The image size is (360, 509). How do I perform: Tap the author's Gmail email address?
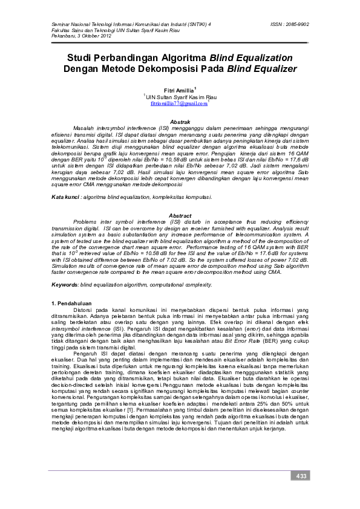pos(178,104)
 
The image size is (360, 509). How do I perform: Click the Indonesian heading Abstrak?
pos(180,122)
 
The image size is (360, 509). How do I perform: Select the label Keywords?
pos(64,284)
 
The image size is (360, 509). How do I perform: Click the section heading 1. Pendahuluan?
pos(71,302)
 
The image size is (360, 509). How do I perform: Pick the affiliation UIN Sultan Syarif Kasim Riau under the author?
pos(180,97)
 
